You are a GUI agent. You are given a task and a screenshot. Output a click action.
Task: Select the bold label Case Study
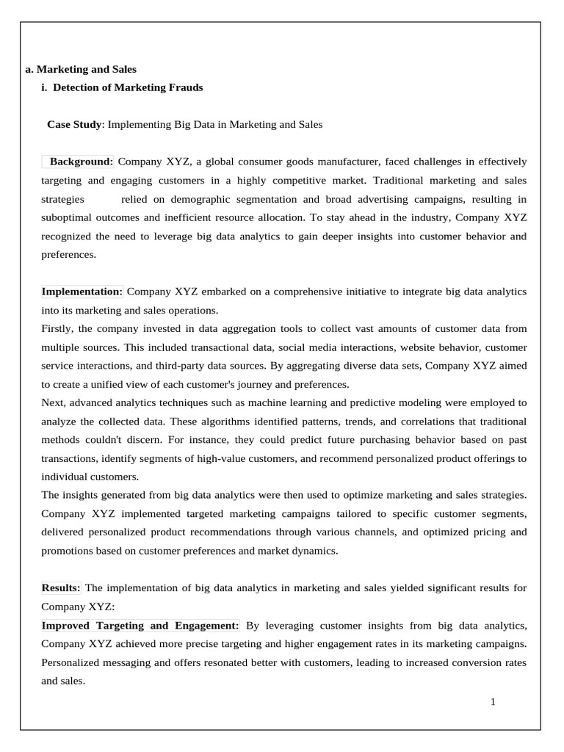point(74,125)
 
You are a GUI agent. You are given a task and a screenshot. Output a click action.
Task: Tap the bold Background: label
point(81,162)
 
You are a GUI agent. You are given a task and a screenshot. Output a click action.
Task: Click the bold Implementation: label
point(82,292)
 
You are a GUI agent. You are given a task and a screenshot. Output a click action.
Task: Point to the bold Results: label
point(61,588)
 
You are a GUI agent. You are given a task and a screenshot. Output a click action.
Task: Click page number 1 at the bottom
point(493,702)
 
